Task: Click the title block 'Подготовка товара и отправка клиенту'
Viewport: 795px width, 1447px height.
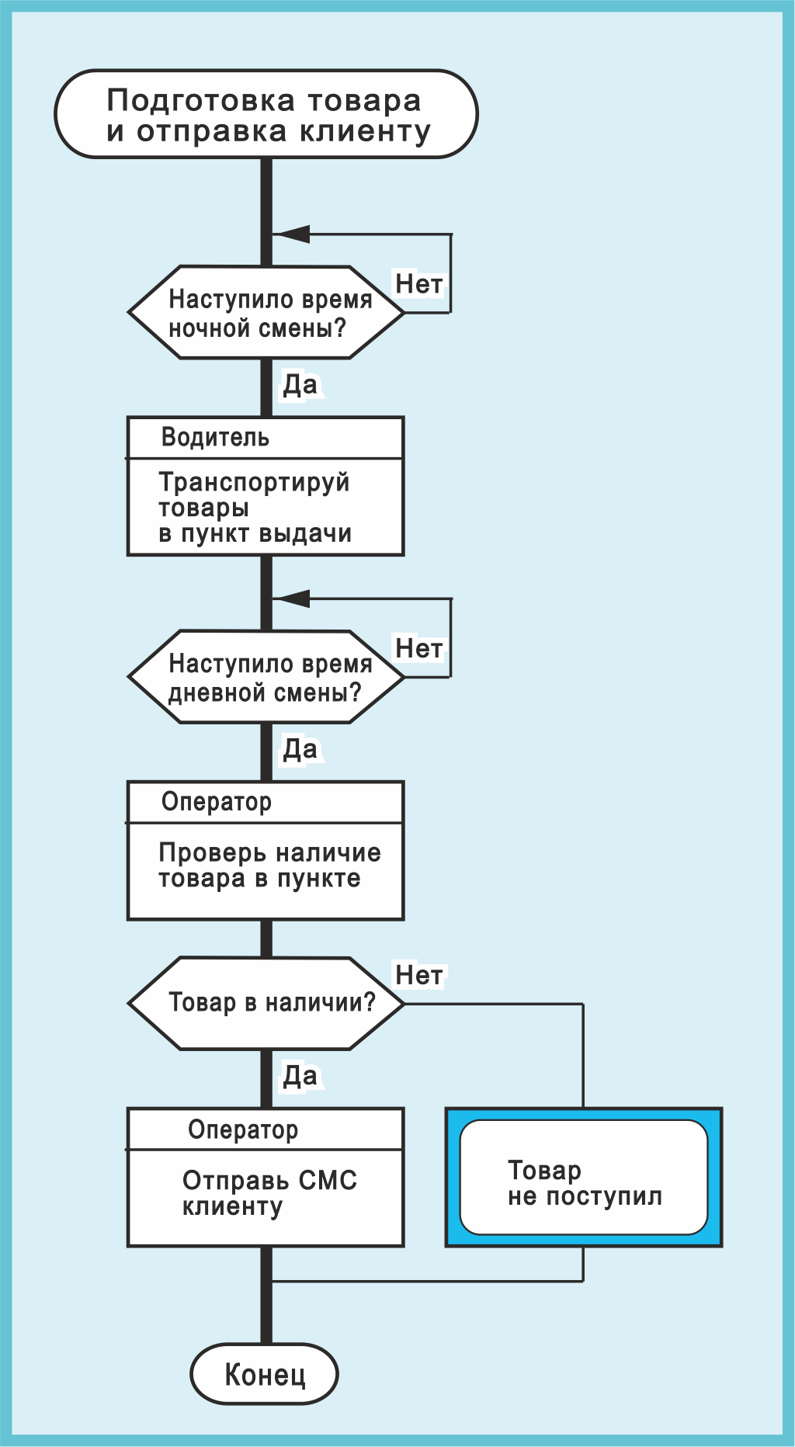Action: click(266, 115)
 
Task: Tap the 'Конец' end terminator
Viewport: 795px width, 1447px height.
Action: click(265, 1375)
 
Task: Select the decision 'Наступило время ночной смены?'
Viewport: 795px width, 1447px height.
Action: click(266, 313)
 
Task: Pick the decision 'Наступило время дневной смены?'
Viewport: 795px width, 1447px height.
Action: click(266, 677)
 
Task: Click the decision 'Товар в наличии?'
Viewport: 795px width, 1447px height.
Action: click(266, 1003)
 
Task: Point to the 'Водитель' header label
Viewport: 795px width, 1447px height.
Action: click(215, 438)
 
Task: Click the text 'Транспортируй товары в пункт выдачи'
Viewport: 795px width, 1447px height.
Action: click(255, 508)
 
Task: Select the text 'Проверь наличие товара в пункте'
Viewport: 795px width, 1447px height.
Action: click(269, 866)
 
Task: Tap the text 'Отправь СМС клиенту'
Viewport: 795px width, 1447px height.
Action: click(269, 1193)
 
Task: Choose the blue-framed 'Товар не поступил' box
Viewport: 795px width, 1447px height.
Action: click(584, 1178)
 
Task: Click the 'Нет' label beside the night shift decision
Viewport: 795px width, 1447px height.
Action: click(418, 284)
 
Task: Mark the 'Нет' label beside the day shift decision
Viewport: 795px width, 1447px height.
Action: click(418, 648)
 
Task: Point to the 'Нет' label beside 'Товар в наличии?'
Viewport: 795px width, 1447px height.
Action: click(418, 975)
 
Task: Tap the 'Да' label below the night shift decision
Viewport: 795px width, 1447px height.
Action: click(300, 384)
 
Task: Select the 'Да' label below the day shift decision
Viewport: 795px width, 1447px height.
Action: click(300, 749)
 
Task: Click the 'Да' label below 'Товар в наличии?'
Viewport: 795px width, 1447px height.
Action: click(300, 1076)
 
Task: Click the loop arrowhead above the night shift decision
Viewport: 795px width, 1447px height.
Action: click(292, 234)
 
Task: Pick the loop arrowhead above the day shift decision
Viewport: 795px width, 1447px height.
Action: click(292, 599)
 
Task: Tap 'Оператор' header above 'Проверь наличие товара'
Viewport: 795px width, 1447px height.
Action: click(216, 802)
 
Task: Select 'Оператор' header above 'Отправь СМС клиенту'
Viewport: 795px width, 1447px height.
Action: click(242, 1129)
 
